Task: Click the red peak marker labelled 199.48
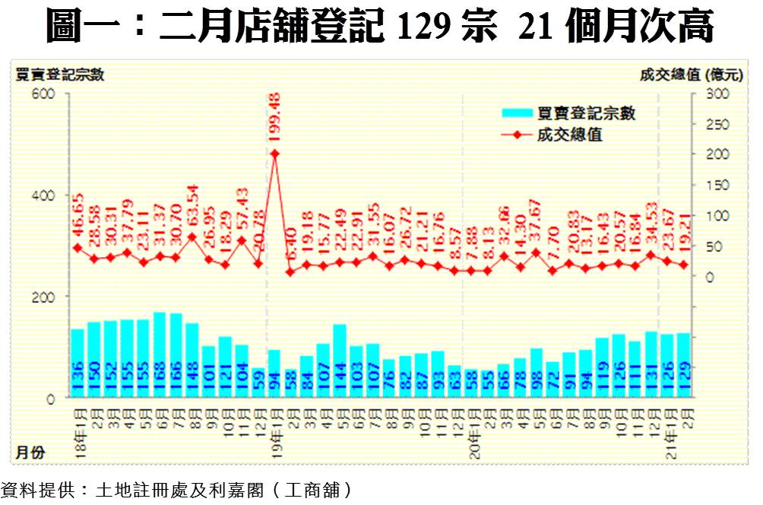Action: [274, 154]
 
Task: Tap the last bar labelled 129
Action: [683, 365]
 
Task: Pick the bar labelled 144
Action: [340, 360]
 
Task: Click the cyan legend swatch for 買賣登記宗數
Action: [518, 113]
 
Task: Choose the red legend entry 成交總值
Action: [564, 135]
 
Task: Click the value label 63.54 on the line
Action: [192, 207]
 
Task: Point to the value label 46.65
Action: [78, 218]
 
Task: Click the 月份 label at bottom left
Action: [29, 453]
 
